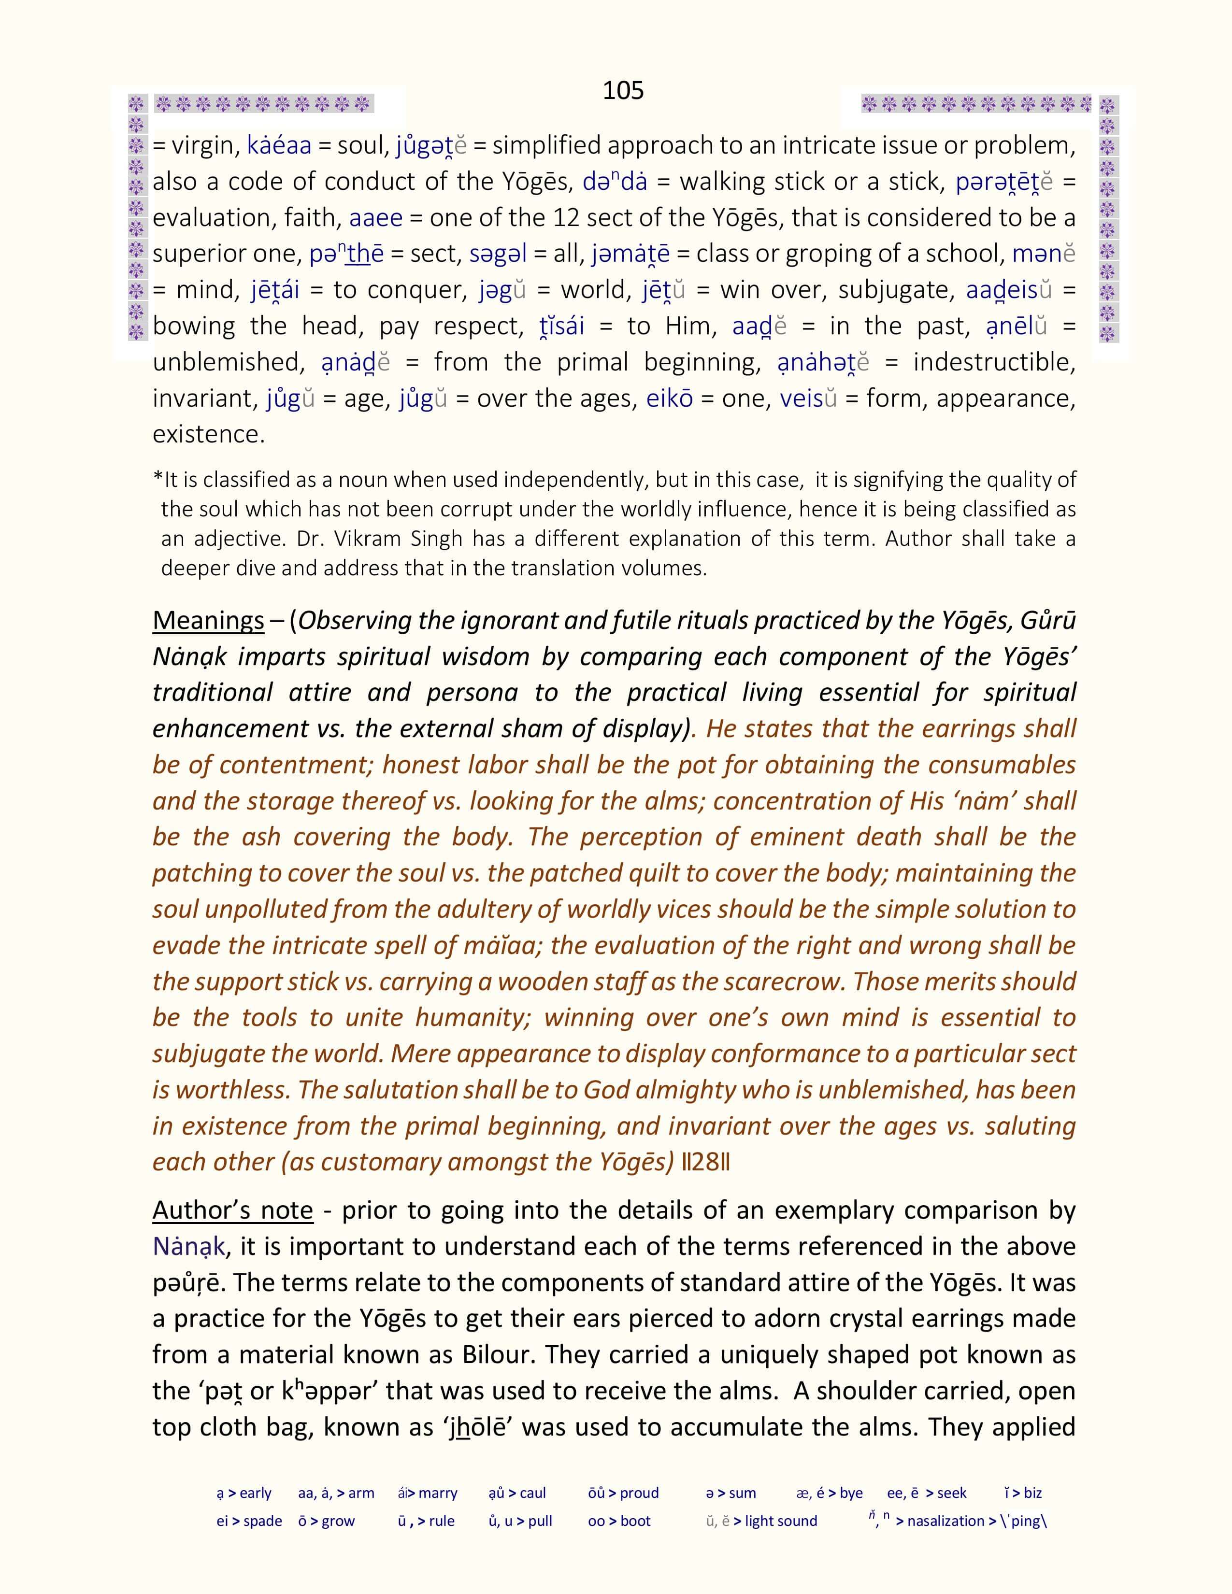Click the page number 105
[623, 90]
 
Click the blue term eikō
[669, 398]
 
